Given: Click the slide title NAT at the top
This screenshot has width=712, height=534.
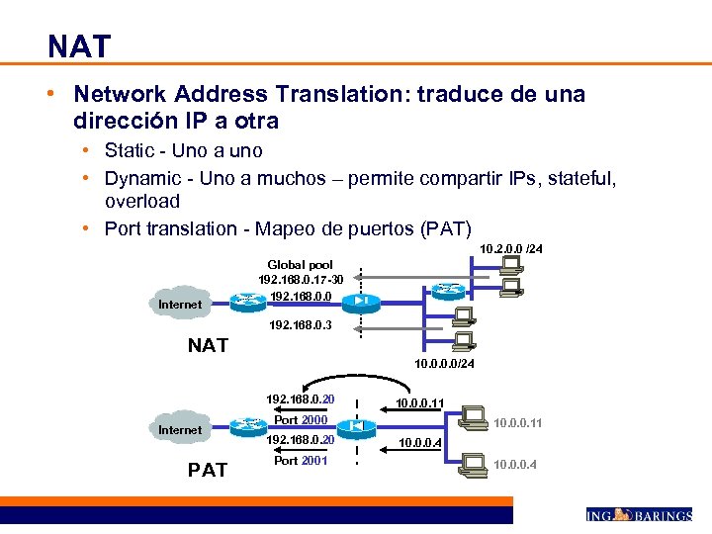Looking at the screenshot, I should (x=79, y=45).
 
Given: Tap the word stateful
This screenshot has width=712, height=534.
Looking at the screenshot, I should (x=583, y=179).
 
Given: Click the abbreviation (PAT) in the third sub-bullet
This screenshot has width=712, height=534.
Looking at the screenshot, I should (x=446, y=229).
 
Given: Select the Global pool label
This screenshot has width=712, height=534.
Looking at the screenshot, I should (x=300, y=265).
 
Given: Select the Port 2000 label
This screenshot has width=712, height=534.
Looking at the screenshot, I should (x=300, y=420).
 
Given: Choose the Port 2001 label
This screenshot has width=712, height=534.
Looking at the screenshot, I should (x=300, y=461).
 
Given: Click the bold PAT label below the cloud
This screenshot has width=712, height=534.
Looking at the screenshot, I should (x=208, y=470).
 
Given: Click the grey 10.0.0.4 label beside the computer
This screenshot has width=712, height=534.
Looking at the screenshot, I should (x=515, y=464).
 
